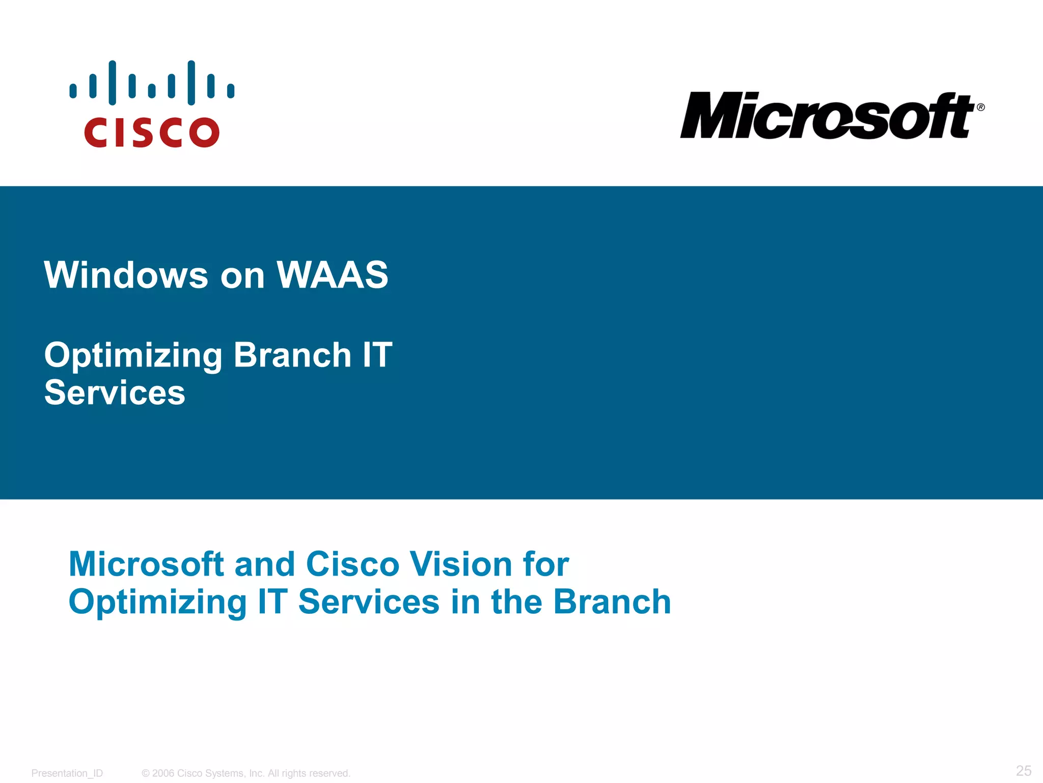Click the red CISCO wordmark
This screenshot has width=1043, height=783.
pos(151,133)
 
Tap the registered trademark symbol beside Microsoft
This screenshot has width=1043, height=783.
pos(980,107)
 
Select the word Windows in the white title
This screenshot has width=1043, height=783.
pos(126,275)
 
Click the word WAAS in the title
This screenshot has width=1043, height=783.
pos(332,275)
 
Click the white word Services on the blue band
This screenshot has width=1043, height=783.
pos(115,393)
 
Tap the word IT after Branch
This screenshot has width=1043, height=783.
pos(377,355)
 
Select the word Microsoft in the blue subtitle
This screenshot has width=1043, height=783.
pos(146,564)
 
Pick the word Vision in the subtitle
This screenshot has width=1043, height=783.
pos(461,564)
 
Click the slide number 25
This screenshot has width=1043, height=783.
pos(1023,770)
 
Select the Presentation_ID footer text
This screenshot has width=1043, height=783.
pos(67,773)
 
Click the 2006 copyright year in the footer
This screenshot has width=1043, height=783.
pos(163,773)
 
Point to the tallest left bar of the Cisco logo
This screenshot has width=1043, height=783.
pos(112,83)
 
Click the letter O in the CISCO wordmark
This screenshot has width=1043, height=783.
pos(204,133)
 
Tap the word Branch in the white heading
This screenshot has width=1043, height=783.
pos(292,355)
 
